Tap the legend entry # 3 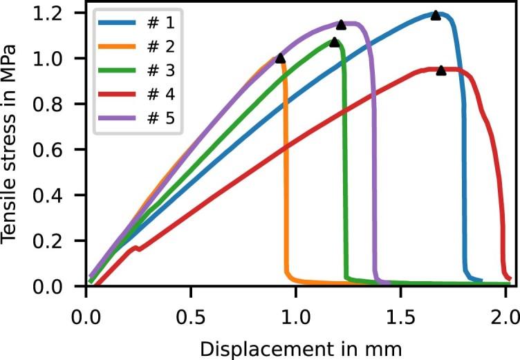tap(138, 73)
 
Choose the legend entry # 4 tap(138, 96)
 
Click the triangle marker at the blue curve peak tap(436, 15)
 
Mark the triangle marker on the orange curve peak tap(280, 58)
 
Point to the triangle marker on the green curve tap(335, 42)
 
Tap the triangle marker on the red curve tap(441, 70)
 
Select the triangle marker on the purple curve tap(341, 24)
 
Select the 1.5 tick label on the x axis tap(400, 305)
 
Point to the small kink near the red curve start tap(139, 248)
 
